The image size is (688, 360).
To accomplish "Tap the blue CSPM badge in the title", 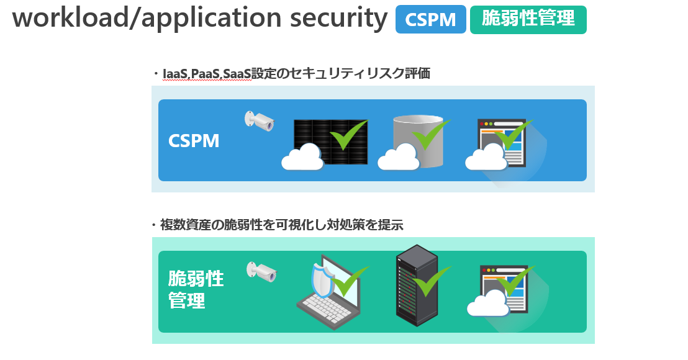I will coord(430,20).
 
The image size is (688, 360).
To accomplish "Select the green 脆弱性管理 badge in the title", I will coord(528,20).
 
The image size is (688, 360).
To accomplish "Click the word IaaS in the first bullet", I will coord(174,74).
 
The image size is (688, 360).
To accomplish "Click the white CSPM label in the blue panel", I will coord(194,141).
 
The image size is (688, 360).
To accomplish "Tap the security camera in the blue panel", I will coord(260,120).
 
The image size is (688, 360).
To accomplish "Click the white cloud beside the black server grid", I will coord(303,159).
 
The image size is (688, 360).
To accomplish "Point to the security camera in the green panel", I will coord(261,271).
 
